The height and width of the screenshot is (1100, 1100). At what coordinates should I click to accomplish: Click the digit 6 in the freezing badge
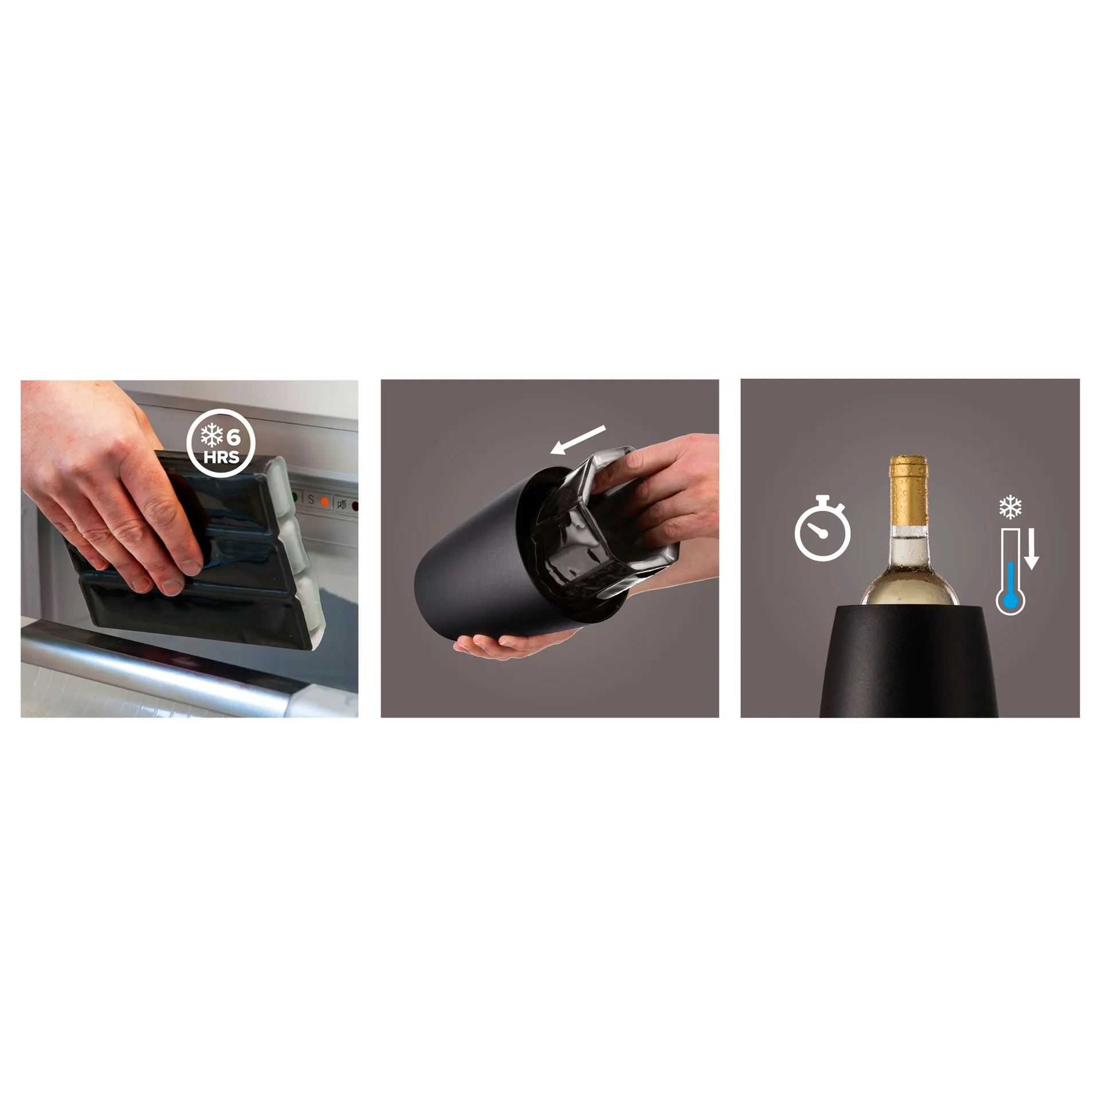233,438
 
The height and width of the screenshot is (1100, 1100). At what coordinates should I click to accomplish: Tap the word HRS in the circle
221,458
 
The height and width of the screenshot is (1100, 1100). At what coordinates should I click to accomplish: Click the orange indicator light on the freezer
325,502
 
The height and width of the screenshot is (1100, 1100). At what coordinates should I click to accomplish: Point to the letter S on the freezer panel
311,500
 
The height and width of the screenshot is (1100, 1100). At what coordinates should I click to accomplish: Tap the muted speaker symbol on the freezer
342,505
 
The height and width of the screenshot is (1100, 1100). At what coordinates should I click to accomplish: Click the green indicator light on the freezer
294,497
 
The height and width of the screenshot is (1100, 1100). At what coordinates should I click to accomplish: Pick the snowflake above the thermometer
1009,507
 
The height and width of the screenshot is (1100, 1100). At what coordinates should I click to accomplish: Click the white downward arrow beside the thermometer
1031,550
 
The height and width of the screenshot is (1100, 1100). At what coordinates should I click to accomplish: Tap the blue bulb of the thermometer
1009,600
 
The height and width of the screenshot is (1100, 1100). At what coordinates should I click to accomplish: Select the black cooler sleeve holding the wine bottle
909,665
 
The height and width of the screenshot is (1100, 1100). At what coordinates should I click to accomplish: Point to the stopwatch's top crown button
823,498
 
